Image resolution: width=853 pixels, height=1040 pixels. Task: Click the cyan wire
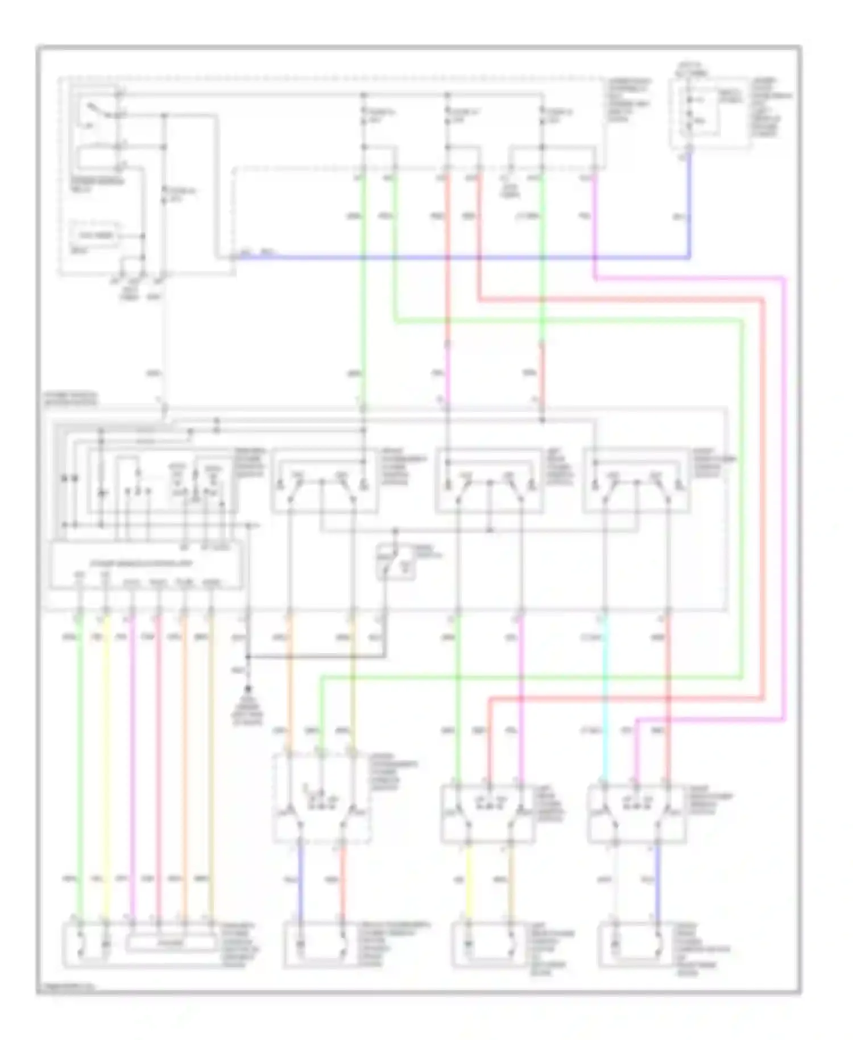[604, 700]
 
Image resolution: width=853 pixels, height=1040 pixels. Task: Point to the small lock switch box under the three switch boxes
[396, 562]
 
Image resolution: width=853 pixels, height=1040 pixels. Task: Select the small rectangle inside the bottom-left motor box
[170, 943]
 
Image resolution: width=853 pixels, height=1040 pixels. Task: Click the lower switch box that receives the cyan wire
[636, 814]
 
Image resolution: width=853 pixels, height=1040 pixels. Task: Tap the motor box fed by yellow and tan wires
[489, 945]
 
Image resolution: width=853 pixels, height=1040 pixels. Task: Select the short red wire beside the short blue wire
[343, 882]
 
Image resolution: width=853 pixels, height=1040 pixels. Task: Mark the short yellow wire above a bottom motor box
[469, 882]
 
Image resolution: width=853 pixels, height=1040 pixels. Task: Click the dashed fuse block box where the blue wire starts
[710, 114]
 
